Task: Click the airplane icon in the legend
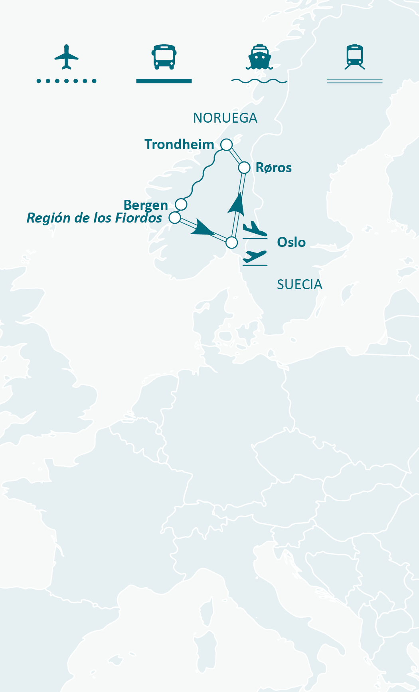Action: point(66,57)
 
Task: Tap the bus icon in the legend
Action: point(164,57)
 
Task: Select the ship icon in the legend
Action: point(259,57)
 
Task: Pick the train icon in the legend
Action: point(355,57)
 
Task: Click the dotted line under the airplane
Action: point(66,81)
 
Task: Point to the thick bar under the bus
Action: point(164,81)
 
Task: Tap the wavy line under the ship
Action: point(259,81)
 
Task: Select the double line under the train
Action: point(355,81)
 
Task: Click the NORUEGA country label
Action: point(225,118)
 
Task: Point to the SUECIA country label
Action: point(299,284)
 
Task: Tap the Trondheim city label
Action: point(179,144)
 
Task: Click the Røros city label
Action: point(273,168)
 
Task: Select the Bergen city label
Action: point(146,205)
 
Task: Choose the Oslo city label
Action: point(291,242)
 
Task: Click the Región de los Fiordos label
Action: point(94,218)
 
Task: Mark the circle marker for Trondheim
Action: point(227,145)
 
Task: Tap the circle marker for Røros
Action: point(244,167)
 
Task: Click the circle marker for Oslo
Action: point(231,243)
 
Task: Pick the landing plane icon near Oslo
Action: point(255,229)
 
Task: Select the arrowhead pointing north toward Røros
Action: point(237,204)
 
